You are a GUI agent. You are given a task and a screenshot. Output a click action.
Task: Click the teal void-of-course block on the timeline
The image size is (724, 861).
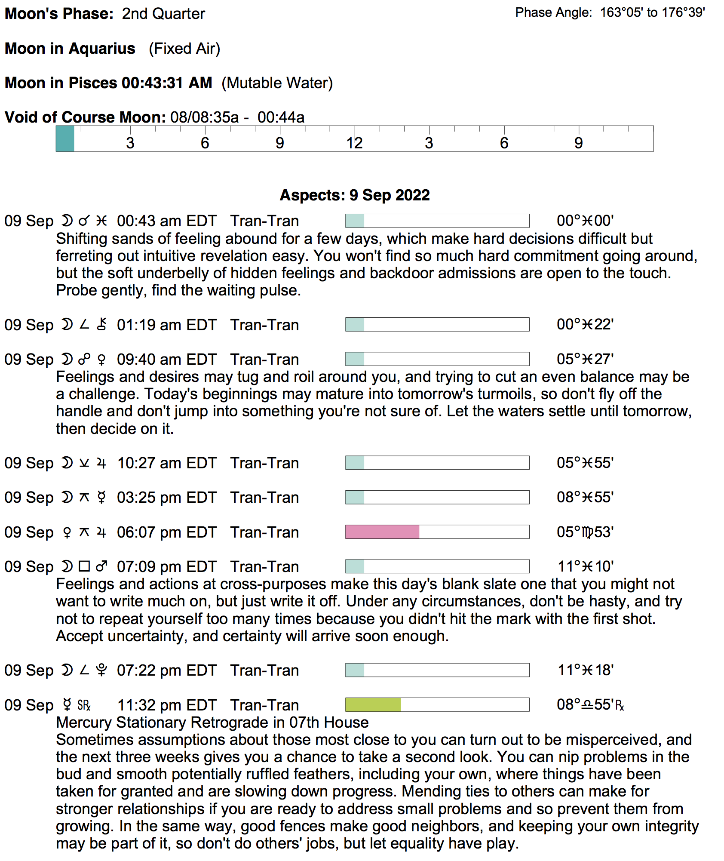(x=65, y=139)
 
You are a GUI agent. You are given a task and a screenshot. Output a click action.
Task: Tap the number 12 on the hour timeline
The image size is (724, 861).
(x=355, y=143)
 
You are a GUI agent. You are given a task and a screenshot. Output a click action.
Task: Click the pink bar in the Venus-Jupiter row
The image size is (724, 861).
(x=382, y=532)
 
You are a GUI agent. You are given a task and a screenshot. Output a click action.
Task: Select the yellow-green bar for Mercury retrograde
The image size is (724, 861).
(x=373, y=705)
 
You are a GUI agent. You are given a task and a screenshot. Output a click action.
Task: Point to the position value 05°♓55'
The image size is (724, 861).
(x=585, y=463)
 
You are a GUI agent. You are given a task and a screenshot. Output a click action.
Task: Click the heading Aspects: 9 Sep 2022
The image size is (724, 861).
(x=355, y=195)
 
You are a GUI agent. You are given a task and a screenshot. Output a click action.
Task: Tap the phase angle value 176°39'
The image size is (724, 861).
(x=683, y=13)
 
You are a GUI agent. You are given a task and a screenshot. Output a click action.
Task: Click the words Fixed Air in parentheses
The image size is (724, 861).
(x=184, y=49)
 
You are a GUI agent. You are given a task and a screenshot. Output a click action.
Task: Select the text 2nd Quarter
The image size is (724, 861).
(x=163, y=14)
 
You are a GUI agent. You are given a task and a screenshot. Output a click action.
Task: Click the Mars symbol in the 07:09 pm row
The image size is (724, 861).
(x=101, y=567)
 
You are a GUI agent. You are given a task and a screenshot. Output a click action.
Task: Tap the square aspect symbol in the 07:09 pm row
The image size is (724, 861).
(x=84, y=567)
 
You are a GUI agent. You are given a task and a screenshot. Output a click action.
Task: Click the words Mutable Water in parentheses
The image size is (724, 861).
(x=277, y=83)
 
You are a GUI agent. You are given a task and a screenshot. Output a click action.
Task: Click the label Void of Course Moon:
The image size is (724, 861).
(x=85, y=117)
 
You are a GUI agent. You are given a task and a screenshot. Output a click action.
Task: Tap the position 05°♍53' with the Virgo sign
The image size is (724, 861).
(x=585, y=532)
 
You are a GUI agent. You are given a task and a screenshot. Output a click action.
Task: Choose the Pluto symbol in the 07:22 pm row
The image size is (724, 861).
(x=101, y=670)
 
